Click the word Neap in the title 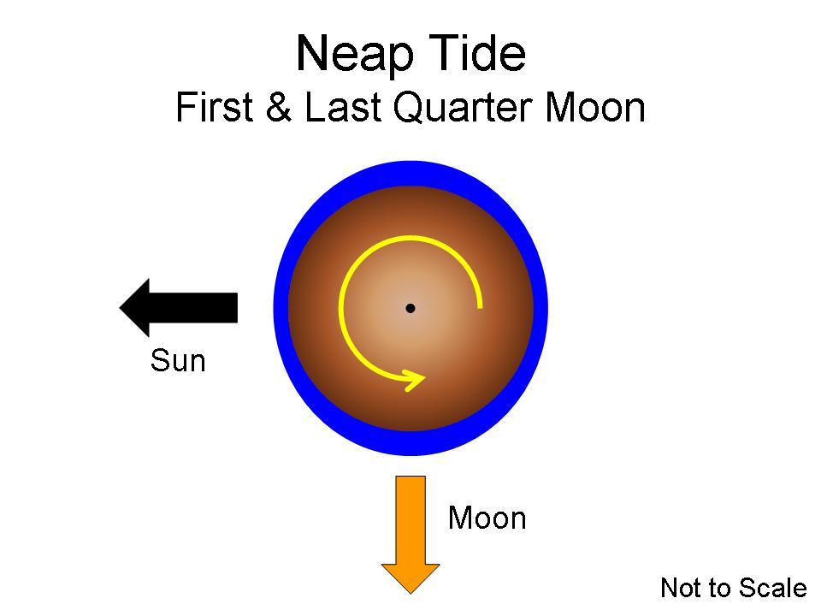point(354,54)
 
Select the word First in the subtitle point(215,107)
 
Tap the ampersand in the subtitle point(279,107)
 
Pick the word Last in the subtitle point(342,107)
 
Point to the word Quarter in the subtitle point(463,108)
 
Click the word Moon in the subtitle point(595,107)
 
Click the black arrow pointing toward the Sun point(179,307)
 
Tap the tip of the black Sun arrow point(120,307)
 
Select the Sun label point(178,360)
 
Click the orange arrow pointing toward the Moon point(410,535)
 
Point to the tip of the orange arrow point(410,594)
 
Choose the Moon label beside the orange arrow point(487,518)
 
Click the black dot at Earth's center point(410,308)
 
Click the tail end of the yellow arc point(479,306)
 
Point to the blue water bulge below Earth point(410,443)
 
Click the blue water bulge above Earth point(410,173)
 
